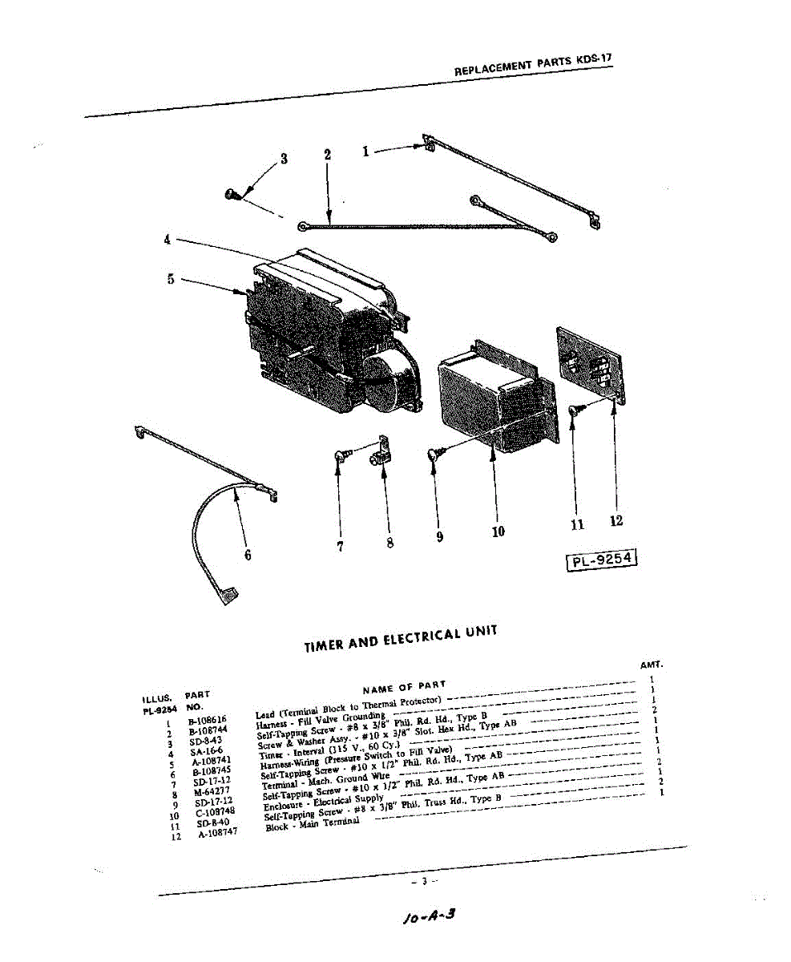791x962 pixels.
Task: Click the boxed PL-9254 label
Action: coord(602,560)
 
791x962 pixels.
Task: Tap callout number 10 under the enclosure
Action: coord(498,531)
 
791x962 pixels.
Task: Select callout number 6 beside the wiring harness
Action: coord(247,554)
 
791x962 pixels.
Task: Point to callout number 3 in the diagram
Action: coord(283,159)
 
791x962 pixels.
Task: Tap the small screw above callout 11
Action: coord(574,410)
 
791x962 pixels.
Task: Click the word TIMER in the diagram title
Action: coord(325,645)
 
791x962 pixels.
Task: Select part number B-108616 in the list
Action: coord(208,721)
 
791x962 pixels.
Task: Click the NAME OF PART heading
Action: coord(404,687)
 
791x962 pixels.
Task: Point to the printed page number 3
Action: coord(423,882)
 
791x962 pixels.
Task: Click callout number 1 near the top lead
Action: coord(365,151)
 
